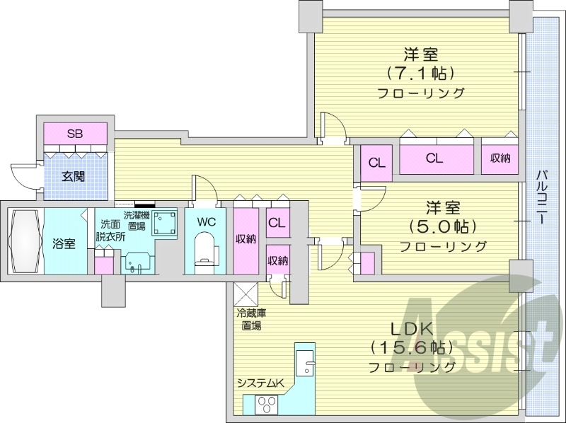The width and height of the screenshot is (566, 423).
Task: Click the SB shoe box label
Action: (74, 134)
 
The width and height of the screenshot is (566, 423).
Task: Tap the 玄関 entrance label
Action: (74, 175)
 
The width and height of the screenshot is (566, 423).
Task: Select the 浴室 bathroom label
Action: (64, 243)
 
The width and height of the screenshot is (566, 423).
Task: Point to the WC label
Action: (206, 221)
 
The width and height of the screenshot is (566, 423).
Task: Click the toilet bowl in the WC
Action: (205, 252)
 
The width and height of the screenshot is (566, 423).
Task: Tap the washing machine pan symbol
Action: (166, 221)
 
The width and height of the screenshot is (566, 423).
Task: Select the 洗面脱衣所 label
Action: (110, 231)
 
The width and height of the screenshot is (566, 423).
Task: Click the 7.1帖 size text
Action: (420, 73)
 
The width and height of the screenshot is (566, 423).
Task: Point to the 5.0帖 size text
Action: (444, 226)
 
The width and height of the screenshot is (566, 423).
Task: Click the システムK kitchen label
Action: (260, 383)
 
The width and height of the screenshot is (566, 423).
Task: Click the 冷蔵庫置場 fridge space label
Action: (249, 319)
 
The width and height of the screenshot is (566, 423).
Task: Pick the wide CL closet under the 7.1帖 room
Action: (435, 158)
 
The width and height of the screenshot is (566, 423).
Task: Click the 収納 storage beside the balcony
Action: (500, 158)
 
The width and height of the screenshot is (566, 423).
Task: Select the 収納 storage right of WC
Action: (246, 238)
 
